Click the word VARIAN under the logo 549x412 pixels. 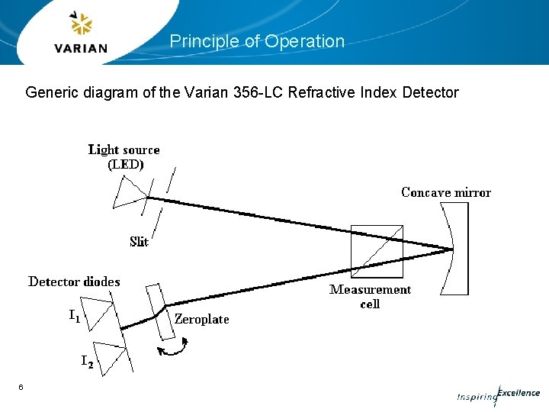81,48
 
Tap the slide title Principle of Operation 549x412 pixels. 257,41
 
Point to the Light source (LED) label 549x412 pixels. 124,156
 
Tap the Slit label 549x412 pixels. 139,242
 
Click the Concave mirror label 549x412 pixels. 446,192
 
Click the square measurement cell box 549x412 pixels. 376,251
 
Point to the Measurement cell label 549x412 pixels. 370,296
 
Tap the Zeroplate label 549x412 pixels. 201,319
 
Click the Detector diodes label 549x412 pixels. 74,282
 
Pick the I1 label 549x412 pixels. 74,315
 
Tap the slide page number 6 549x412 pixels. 21,388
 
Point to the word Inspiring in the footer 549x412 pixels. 476,398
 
